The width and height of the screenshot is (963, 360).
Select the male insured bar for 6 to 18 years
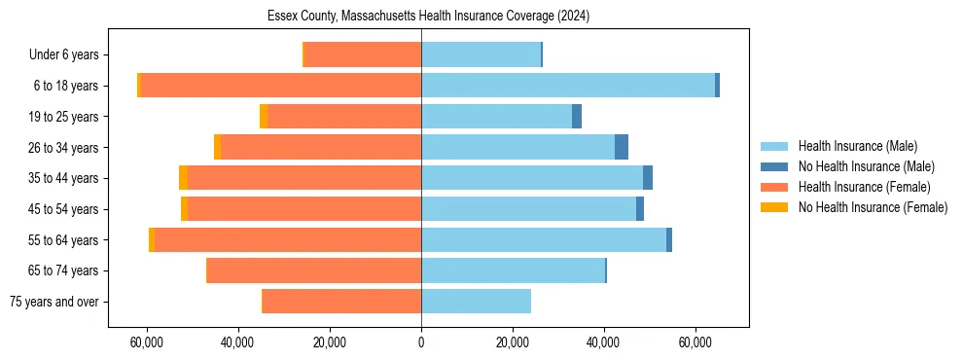coord(568,86)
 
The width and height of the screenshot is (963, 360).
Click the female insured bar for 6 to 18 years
coord(281,86)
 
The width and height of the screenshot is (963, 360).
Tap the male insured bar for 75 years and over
coord(476,302)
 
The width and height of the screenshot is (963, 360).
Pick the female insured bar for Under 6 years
coord(363,54)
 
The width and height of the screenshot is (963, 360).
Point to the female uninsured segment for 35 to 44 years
coord(183,178)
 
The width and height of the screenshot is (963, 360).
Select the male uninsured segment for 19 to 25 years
coord(577,117)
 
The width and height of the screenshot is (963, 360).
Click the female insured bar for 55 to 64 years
coord(288,240)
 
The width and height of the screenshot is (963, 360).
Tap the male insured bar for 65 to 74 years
coord(513,270)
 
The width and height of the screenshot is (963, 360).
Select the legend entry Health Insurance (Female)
coord(864,187)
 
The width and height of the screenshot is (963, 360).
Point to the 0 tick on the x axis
coord(421,342)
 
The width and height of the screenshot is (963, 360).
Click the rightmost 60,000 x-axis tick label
coord(695,342)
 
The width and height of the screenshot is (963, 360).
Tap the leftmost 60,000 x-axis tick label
coord(147,342)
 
